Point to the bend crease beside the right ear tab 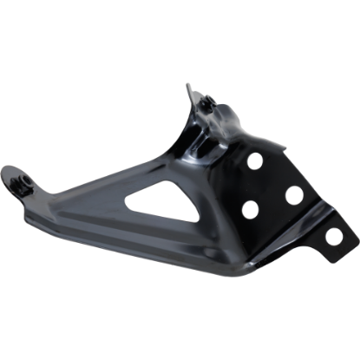click(309, 227)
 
